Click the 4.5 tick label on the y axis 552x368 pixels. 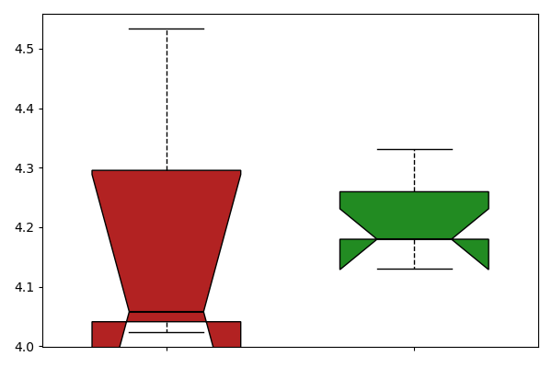coord(24,49)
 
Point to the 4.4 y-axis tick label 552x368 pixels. coord(24,109)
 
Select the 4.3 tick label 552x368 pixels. coord(24,168)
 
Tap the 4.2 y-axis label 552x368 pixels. coord(24,228)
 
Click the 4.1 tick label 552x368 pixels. coord(24,287)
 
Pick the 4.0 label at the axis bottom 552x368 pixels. coord(24,347)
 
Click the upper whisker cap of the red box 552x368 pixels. coord(167,29)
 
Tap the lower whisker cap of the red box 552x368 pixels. coord(167,332)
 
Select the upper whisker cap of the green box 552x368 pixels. coord(415,150)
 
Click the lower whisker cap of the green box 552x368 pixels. coord(415,269)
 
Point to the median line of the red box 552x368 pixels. coord(167,312)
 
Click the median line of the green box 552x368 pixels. coord(415,239)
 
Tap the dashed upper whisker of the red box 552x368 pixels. coord(167,99)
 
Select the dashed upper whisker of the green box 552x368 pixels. coord(414,171)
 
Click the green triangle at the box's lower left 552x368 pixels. coord(352,249)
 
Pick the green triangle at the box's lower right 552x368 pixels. coord(477,249)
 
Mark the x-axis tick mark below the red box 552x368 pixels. coord(167,349)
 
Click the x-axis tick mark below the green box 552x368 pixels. coord(414,349)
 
